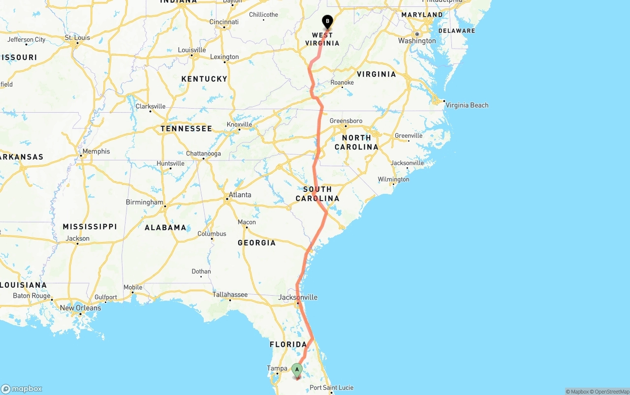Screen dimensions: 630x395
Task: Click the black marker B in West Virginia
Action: (327, 22)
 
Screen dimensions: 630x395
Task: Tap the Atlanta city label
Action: (240, 195)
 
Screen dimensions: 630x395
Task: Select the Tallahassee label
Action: (230, 295)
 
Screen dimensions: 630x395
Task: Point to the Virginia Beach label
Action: (467, 105)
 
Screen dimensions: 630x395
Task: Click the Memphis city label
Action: (96, 152)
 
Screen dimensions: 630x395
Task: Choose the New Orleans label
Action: (80, 308)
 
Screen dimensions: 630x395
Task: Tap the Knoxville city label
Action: (240, 124)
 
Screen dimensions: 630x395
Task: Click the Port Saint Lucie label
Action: (331, 388)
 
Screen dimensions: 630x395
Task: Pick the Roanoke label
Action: (342, 83)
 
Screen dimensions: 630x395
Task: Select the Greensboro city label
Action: (346, 121)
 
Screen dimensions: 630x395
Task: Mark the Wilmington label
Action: (393, 180)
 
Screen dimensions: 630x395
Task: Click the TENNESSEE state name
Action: (186, 129)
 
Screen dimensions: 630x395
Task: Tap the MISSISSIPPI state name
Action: (90, 227)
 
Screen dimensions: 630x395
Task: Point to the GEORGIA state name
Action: (256, 243)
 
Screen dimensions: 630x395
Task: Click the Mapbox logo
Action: (22, 389)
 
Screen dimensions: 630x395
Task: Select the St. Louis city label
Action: (78, 37)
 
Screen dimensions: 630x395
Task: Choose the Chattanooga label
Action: (203, 153)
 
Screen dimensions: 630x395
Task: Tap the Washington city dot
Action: (417, 34)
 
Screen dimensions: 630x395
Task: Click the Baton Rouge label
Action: (31, 296)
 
